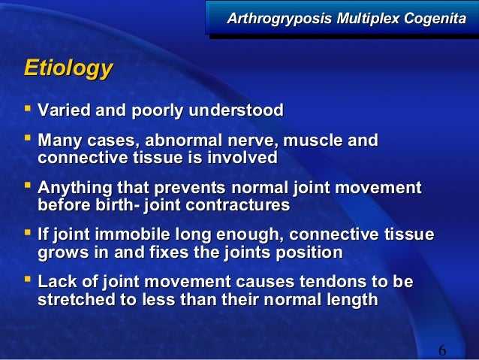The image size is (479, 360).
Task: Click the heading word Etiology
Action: [x=68, y=70]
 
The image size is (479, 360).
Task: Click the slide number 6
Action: [x=441, y=350]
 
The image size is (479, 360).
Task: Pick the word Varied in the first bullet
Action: [x=63, y=111]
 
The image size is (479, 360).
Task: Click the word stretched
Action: [x=74, y=299]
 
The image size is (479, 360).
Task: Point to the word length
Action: [x=351, y=299]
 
